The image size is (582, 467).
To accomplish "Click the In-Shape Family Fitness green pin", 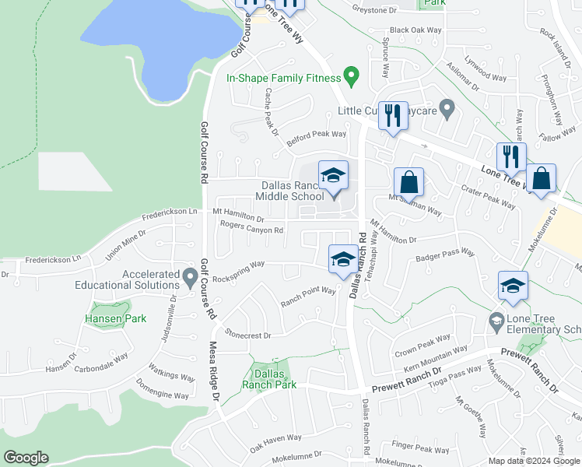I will click(351, 77).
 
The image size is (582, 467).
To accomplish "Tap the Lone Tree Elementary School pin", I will click(496, 320).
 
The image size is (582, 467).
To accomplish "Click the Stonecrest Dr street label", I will click(247, 335).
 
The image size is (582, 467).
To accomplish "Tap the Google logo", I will click(26, 458).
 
